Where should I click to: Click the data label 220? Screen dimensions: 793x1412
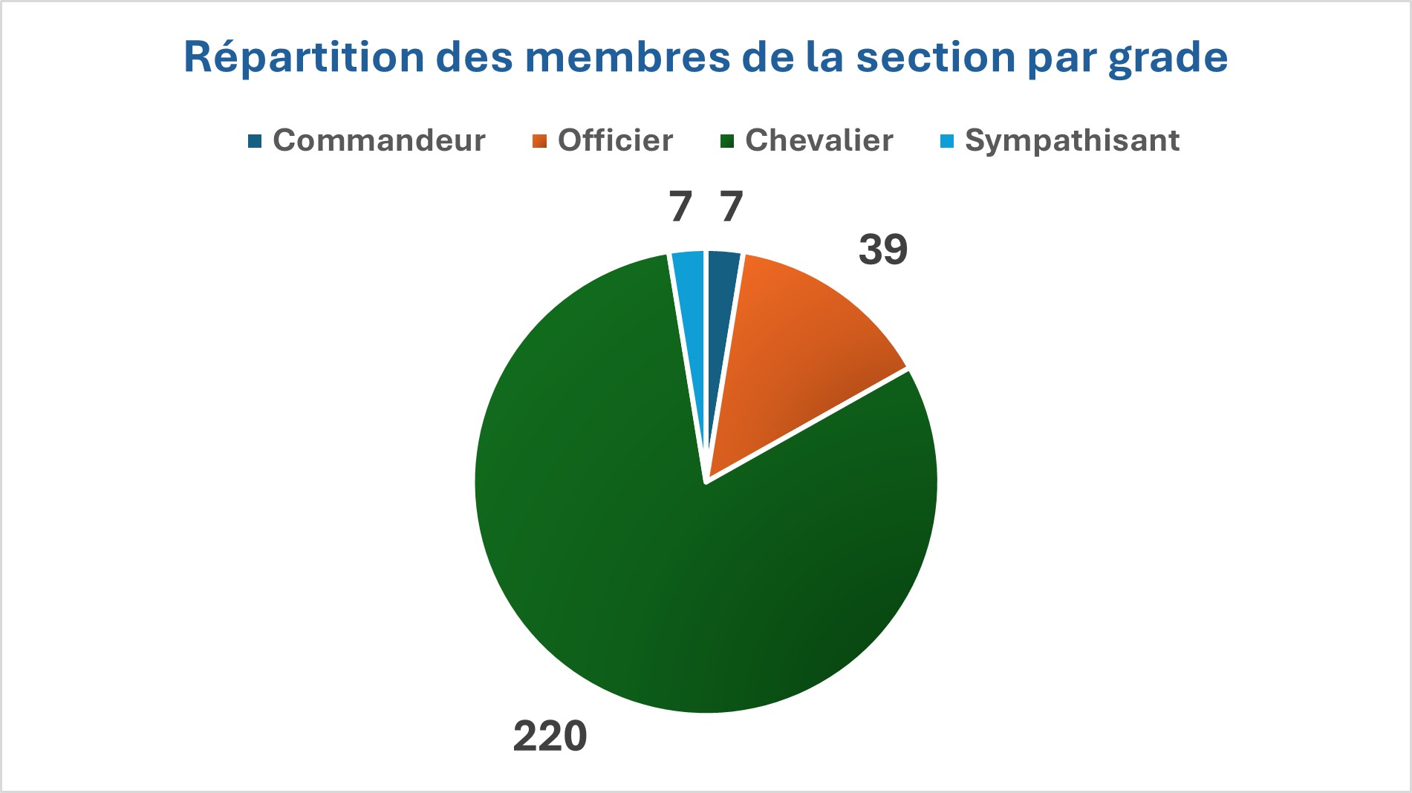(550, 737)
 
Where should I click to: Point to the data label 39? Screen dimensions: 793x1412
(882, 249)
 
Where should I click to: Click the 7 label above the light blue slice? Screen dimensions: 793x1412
(680, 206)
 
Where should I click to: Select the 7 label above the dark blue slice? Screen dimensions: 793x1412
(732, 206)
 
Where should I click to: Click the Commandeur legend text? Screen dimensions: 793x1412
(379, 140)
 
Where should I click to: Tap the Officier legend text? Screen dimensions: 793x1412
(615, 140)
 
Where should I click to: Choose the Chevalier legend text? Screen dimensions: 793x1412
(819, 140)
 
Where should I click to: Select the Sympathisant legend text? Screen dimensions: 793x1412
(1072, 140)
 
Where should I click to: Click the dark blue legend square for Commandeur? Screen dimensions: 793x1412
(255, 141)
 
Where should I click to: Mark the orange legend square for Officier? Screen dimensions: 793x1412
(540, 141)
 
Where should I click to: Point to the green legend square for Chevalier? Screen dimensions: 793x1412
(727, 141)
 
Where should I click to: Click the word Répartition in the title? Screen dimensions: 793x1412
(304, 58)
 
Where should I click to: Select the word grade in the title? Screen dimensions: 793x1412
(1168, 58)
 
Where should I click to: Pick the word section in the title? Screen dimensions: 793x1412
(935, 58)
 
